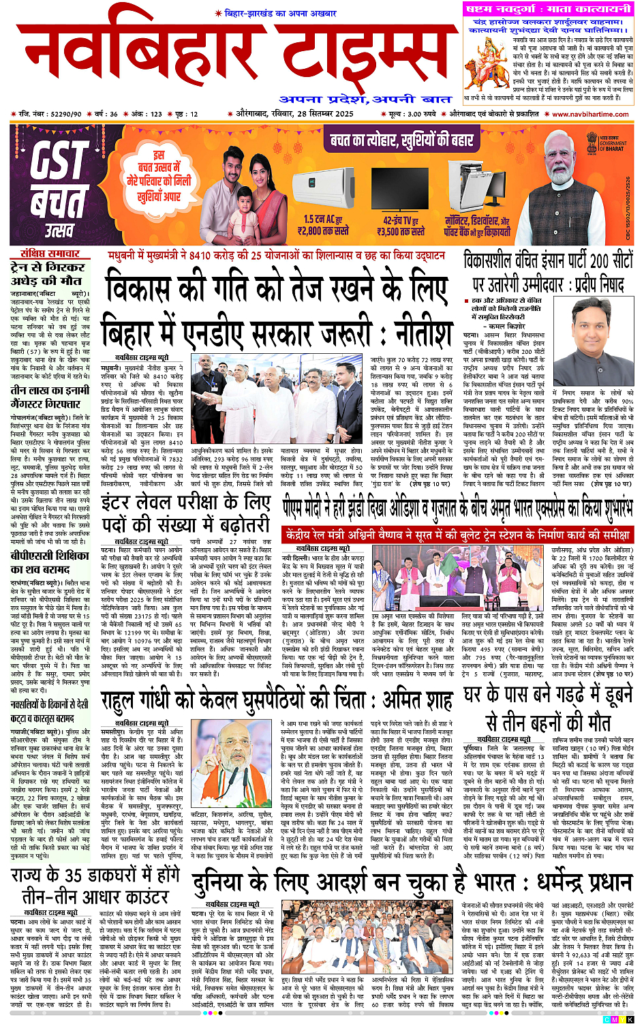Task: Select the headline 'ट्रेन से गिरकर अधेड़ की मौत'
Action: point(48,273)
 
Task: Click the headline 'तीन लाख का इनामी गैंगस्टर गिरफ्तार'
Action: point(50,397)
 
